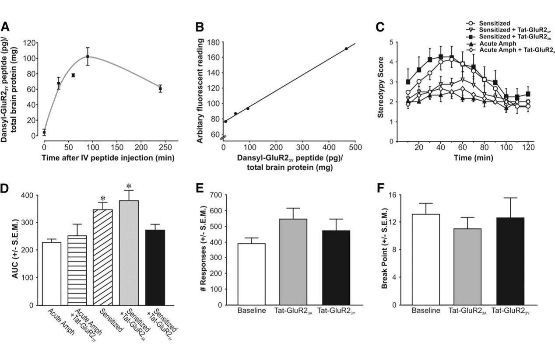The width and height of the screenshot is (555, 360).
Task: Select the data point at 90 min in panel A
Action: click(x=88, y=56)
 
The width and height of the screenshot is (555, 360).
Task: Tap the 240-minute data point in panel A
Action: click(x=160, y=88)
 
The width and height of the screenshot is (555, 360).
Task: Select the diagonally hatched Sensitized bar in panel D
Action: click(x=103, y=257)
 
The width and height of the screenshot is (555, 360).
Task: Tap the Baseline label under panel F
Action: click(x=425, y=311)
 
